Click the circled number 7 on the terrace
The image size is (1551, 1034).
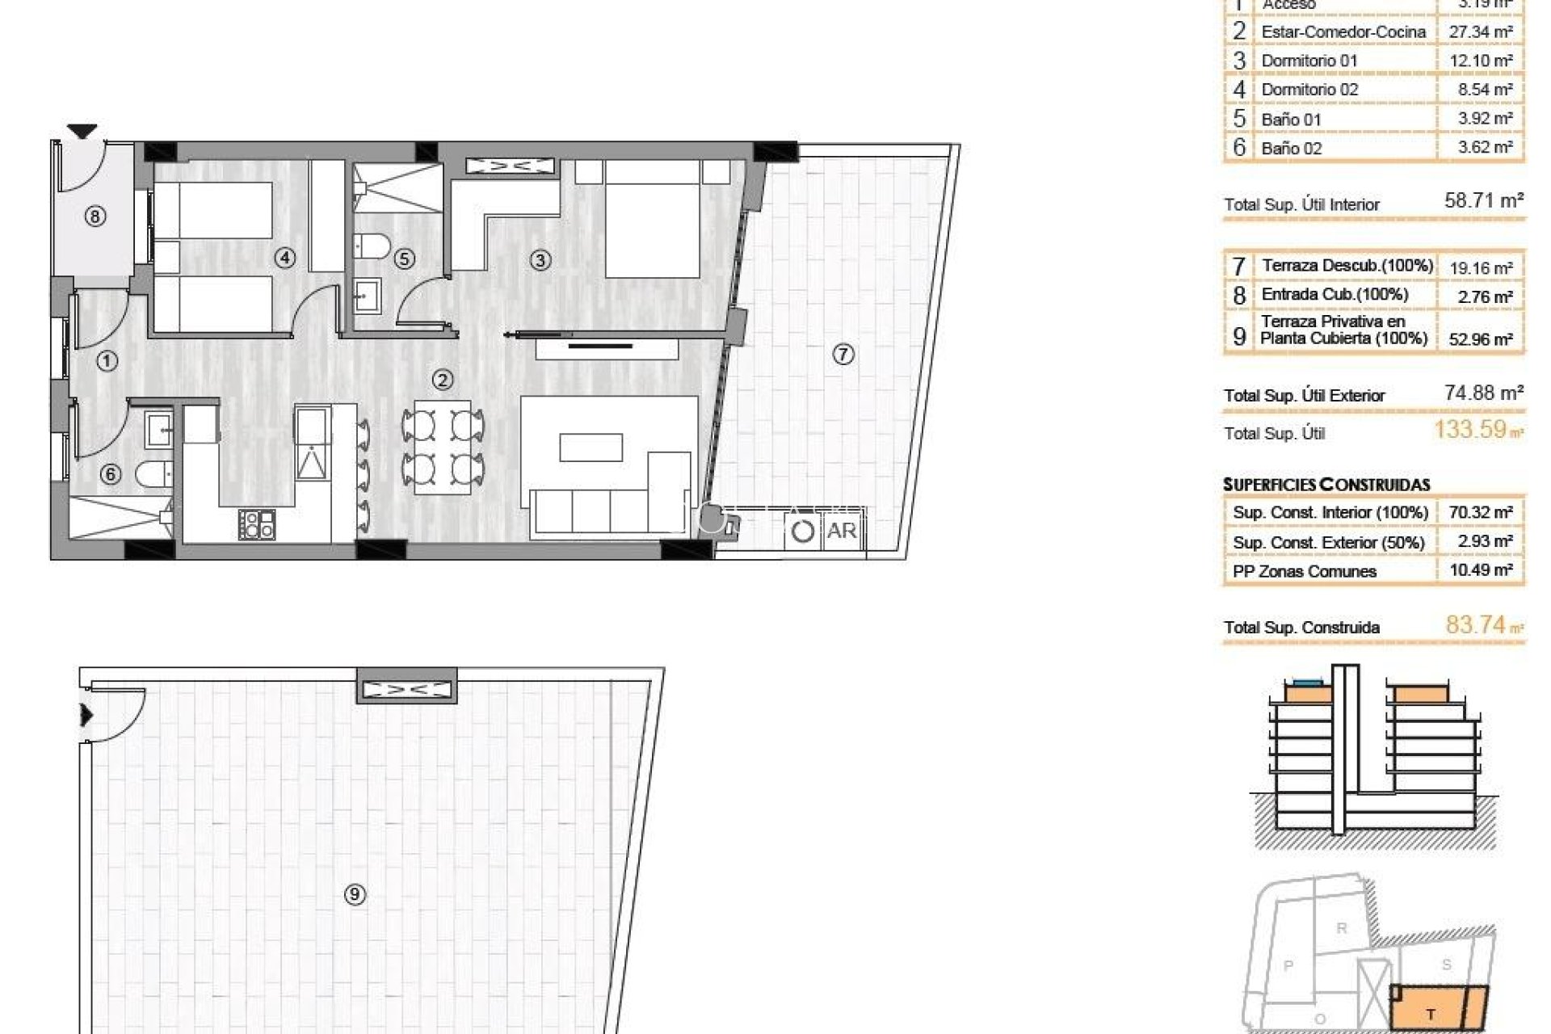coord(843,354)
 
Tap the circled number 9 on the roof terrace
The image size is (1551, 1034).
coord(355,894)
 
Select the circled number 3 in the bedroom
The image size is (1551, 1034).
coord(540,260)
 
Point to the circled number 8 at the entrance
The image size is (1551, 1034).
coord(95,216)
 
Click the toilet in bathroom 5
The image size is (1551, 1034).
coord(372,244)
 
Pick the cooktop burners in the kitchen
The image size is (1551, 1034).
coord(258,523)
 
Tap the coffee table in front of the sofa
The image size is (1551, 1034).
coord(591,448)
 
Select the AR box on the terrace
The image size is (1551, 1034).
coord(841,531)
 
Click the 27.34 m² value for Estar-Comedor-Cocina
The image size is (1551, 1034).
coord(1480,32)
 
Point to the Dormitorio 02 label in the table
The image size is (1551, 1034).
coord(1309,90)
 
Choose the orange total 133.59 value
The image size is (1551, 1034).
coord(1470,429)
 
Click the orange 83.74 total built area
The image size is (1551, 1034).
coord(1476,624)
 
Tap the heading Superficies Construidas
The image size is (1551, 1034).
coord(1326,485)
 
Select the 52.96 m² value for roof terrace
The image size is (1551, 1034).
coord(1480,339)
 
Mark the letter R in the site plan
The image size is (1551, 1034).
coord(1342,928)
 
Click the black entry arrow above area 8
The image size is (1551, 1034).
coord(82,131)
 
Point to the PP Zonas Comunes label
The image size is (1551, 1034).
coord(1304,571)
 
